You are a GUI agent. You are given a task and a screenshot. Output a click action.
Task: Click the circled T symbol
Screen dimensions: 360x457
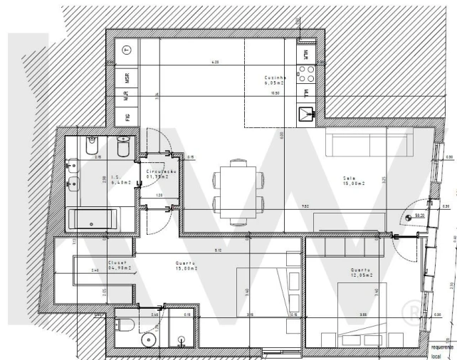coord(127,49)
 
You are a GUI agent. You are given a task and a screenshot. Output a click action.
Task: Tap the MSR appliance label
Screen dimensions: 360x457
coord(127,78)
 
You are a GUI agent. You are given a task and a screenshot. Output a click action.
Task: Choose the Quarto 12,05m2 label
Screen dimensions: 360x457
coord(362,272)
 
